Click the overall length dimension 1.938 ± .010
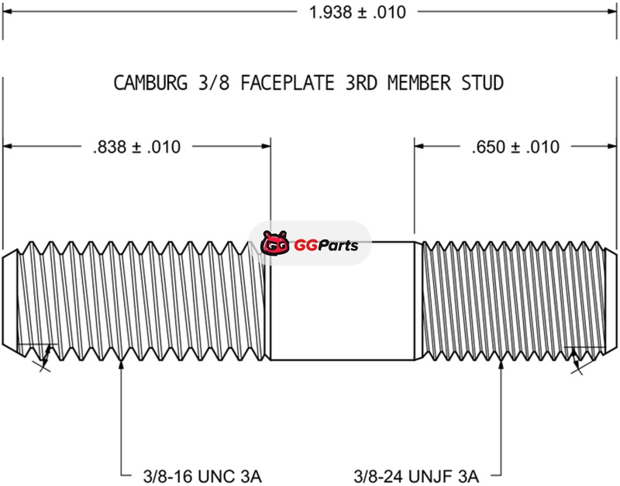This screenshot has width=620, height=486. click(x=357, y=12)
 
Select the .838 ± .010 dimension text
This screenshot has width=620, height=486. click(x=137, y=146)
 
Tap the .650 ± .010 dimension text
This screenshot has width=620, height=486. click(x=515, y=146)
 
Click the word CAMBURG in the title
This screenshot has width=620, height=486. click(x=150, y=83)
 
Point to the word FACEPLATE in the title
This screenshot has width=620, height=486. click(x=288, y=83)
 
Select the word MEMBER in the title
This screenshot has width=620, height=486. click(x=419, y=83)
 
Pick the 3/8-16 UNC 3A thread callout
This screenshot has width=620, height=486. click(x=202, y=476)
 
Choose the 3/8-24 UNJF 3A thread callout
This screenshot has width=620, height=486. click(x=416, y=476)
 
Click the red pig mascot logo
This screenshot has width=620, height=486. click(x=274, y=243)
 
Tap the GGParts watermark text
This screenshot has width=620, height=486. click(x=326, y=246)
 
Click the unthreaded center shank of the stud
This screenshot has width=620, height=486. click(x=343, y=301)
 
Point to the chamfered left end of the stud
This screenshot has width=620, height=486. click(x=10, y=301)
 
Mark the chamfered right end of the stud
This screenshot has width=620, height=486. click(x=611, y=301)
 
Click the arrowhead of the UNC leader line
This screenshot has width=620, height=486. click(x=122, y=364)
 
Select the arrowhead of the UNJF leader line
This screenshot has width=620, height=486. click(x=501, y=364)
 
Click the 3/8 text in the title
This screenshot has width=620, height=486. click(x=214, y=83)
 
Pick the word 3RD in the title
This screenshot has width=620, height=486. click(x=361, y=83)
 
